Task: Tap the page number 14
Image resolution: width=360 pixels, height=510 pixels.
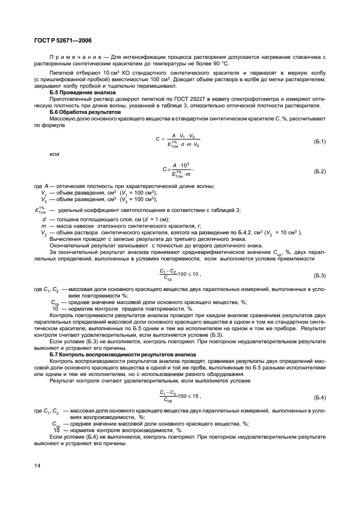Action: (37, 465)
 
